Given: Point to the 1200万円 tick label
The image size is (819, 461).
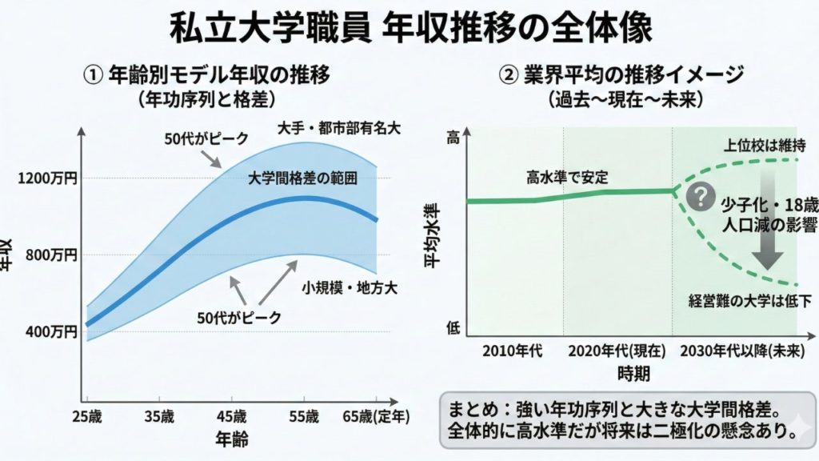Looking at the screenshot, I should [x=47, y=178].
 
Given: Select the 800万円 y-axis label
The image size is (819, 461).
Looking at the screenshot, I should [x=50, y=255].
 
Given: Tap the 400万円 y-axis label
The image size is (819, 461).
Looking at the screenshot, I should [x=50, y=331].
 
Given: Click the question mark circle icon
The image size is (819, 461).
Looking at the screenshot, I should [x=701, y=194].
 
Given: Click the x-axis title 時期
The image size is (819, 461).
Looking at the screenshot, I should [x=633, y=373].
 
